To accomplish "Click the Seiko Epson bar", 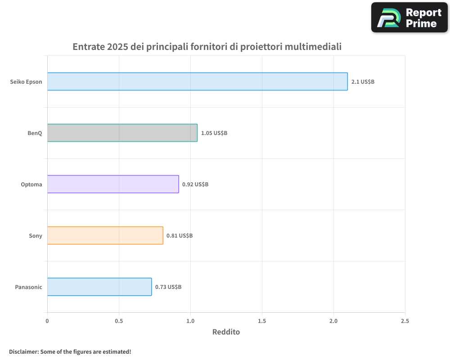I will (197, 81).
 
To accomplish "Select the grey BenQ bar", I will (122, 133).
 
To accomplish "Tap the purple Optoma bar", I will (113, 184).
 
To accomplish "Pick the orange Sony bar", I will (105, 235).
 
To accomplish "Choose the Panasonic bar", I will (99, 287).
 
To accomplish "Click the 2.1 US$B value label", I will (363, 82).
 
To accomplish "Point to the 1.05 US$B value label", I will (214, 133).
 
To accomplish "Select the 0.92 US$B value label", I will (195, 184).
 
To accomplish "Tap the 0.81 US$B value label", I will (180, 236).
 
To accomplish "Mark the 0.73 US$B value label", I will (168, 287).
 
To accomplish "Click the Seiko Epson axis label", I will (26, 82).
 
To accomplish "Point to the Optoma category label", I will (31, 184).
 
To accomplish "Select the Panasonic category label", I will (28, 287).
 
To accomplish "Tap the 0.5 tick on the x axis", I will (119, 321).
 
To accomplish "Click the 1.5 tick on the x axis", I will (262, 321).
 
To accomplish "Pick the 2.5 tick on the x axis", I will (405, 321).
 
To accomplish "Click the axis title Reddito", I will (226, 332).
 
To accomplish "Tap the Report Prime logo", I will (409, 18).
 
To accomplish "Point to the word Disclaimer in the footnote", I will (23, 351).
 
